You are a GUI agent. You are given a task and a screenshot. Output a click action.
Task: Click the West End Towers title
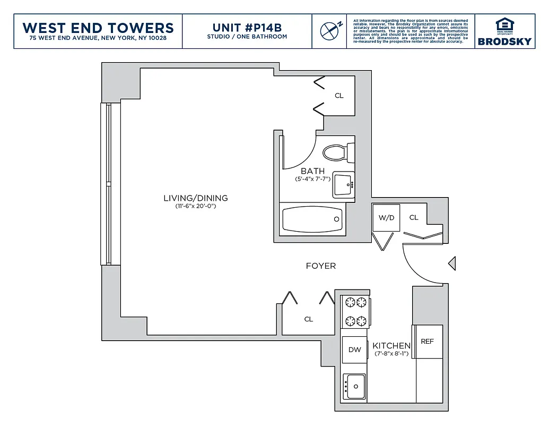(x=98, y=28)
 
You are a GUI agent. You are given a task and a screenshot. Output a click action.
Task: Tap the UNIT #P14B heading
(x=247, y=27)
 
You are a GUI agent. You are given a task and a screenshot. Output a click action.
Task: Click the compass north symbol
(x=329, y=31)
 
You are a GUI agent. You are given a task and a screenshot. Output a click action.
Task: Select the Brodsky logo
(x=504, y=32)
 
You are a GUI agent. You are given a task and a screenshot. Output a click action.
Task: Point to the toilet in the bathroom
(x=336, y=153)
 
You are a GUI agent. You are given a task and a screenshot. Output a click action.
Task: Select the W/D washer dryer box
(x=386, y=218)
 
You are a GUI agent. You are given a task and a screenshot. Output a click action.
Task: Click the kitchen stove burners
(x=355, y=312)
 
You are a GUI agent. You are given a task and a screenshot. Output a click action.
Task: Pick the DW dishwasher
(x=355, y=350)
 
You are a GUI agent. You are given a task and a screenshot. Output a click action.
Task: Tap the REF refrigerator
(x=428, y=342)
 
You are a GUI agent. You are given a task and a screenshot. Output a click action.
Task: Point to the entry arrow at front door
(x=452, y=262)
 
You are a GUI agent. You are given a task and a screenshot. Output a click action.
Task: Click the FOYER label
(x=321, y=266)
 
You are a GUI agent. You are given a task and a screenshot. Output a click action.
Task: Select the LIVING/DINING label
(x=196, y=198)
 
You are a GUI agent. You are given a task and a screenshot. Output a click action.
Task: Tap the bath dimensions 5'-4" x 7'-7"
(x=313, y=180)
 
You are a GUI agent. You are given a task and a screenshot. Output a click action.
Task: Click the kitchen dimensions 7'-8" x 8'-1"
(x=391, y=353)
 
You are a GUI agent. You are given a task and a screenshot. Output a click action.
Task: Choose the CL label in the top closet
(x=339, y=96)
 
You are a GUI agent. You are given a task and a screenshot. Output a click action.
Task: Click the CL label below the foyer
(x=309, y=319)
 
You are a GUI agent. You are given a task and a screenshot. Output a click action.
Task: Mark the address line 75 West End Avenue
(x=98, y=38)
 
